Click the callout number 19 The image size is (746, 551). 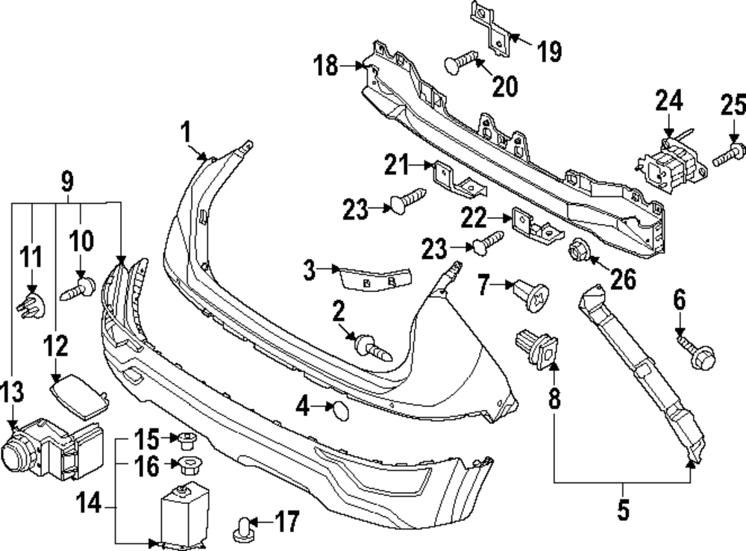pos(550,51)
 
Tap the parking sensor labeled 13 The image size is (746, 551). pos(52,448)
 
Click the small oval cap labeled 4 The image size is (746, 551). pos(340,411)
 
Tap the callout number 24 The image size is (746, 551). pos(669,101)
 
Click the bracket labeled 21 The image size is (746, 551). pos(458,179)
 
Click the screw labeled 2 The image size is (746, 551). pos(373,348)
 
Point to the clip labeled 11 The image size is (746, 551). pos(31,305)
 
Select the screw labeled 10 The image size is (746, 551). pos(78,289)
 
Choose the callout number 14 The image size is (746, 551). pos(89,503)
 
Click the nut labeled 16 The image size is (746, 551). pos(189,464)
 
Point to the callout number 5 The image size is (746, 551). pos(623,510)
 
